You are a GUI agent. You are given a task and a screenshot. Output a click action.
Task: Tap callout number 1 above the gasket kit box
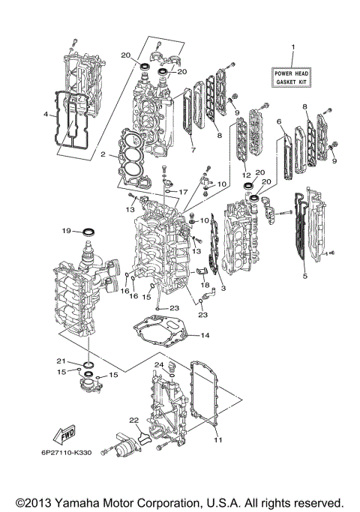tap(293, 48)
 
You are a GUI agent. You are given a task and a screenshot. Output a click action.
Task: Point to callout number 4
tap(45, 114)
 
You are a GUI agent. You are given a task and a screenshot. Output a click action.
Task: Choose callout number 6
tap(279, 121)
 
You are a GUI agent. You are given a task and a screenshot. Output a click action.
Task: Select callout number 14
tap(205, 335)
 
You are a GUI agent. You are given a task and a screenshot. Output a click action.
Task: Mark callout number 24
tap(159, 365)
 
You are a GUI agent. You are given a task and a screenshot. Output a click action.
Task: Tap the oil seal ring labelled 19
tap(88, 229)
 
